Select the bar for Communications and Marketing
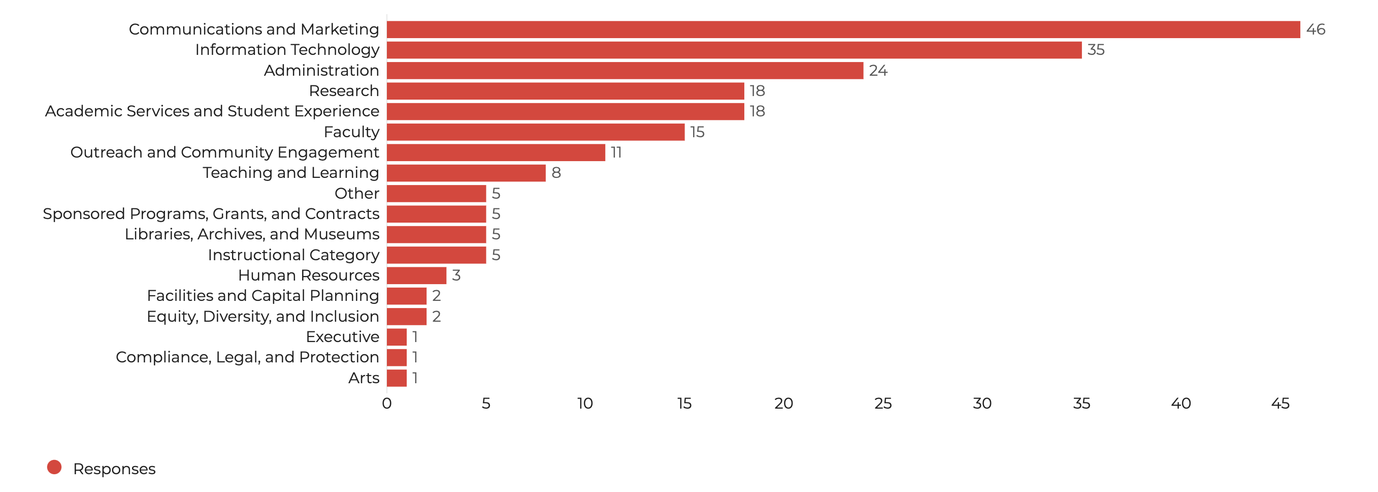[843, 29]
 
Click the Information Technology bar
[734, 50]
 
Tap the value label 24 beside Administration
[878, 71]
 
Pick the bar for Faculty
[536, 132]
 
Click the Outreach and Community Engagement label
[224, 152]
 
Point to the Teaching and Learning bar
[466, 173]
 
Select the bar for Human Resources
[416, 275]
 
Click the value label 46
[1316, 29]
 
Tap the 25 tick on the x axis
[882, 404]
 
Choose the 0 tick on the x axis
[387, 404]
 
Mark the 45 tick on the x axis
[1280, 404]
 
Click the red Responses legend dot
[54, 468]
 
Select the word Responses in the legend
[114, 469]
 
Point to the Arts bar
[397, 378]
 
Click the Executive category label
[342, 337]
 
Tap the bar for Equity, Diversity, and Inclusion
[407, 317]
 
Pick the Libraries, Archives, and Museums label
[252, 234]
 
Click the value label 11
[616, 152]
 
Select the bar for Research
[566, 91]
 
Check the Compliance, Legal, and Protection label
[247, 357]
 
